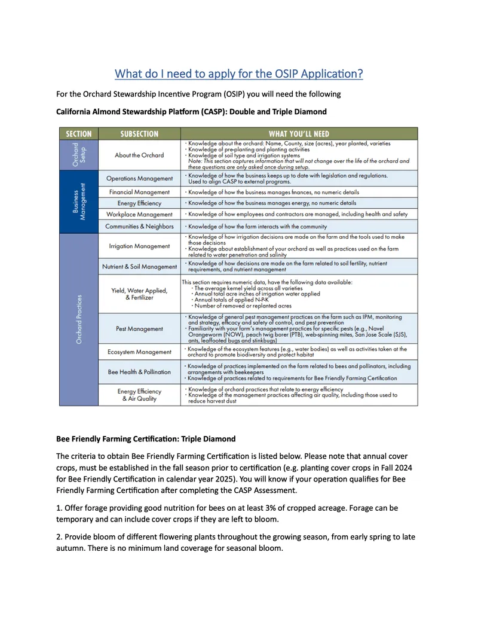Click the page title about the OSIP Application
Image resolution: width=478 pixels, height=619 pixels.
238,74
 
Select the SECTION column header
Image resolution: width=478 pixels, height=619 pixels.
78,134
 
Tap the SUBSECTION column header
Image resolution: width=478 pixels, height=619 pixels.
139,134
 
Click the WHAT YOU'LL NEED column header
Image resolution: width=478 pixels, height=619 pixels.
299,134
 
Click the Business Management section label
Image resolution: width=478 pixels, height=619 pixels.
78,202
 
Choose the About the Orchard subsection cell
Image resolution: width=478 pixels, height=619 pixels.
139,155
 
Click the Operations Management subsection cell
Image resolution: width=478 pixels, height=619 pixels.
139,178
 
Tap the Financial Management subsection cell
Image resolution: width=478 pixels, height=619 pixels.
139,192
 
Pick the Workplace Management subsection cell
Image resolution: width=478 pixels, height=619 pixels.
139,214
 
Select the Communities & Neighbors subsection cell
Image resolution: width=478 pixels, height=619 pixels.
139,227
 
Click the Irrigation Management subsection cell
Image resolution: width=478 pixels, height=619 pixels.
139,246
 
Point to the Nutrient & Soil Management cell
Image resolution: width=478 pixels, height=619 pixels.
139,266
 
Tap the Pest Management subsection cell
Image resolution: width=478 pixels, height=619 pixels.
139,329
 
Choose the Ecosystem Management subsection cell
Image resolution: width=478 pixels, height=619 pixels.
139,352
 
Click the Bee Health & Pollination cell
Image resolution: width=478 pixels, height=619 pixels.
139,372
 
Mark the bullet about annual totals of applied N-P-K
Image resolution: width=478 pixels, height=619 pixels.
233,300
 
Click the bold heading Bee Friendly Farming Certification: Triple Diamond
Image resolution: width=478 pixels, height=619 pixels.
145,440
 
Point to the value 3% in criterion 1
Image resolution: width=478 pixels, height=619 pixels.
261,508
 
